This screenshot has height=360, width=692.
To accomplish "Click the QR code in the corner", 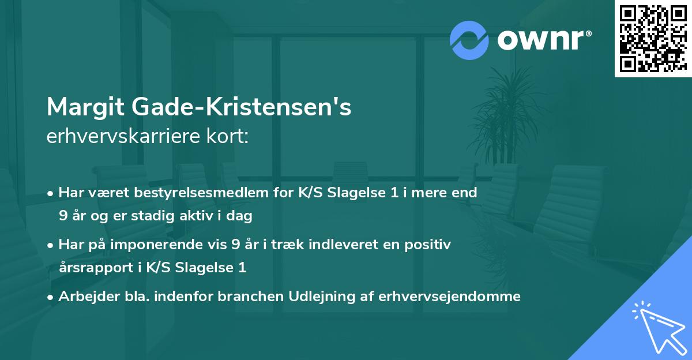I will click(x=653, y=38).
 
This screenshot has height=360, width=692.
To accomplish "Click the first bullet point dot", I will click(x=51, y=193).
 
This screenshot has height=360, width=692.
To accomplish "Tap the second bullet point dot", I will click(x=51, y=245).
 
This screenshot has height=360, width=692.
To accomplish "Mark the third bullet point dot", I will click(x=51, y=297).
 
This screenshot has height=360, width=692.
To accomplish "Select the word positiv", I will click(x=430, y=245).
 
